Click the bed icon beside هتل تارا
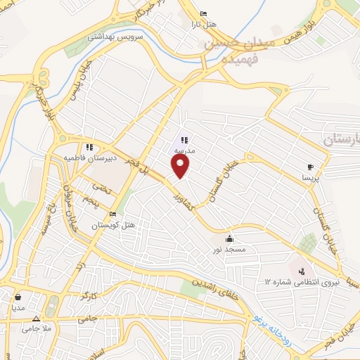coord(204,14)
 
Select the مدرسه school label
coord(184,150)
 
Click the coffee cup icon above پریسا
coord(310,167)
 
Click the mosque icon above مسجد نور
coord(230,238)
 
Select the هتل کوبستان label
coord(113,226)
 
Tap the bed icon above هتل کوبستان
coord(113,214)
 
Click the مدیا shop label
coord(18,307)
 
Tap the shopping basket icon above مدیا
coord(18,297)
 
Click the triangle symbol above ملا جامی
coord(36,318)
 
